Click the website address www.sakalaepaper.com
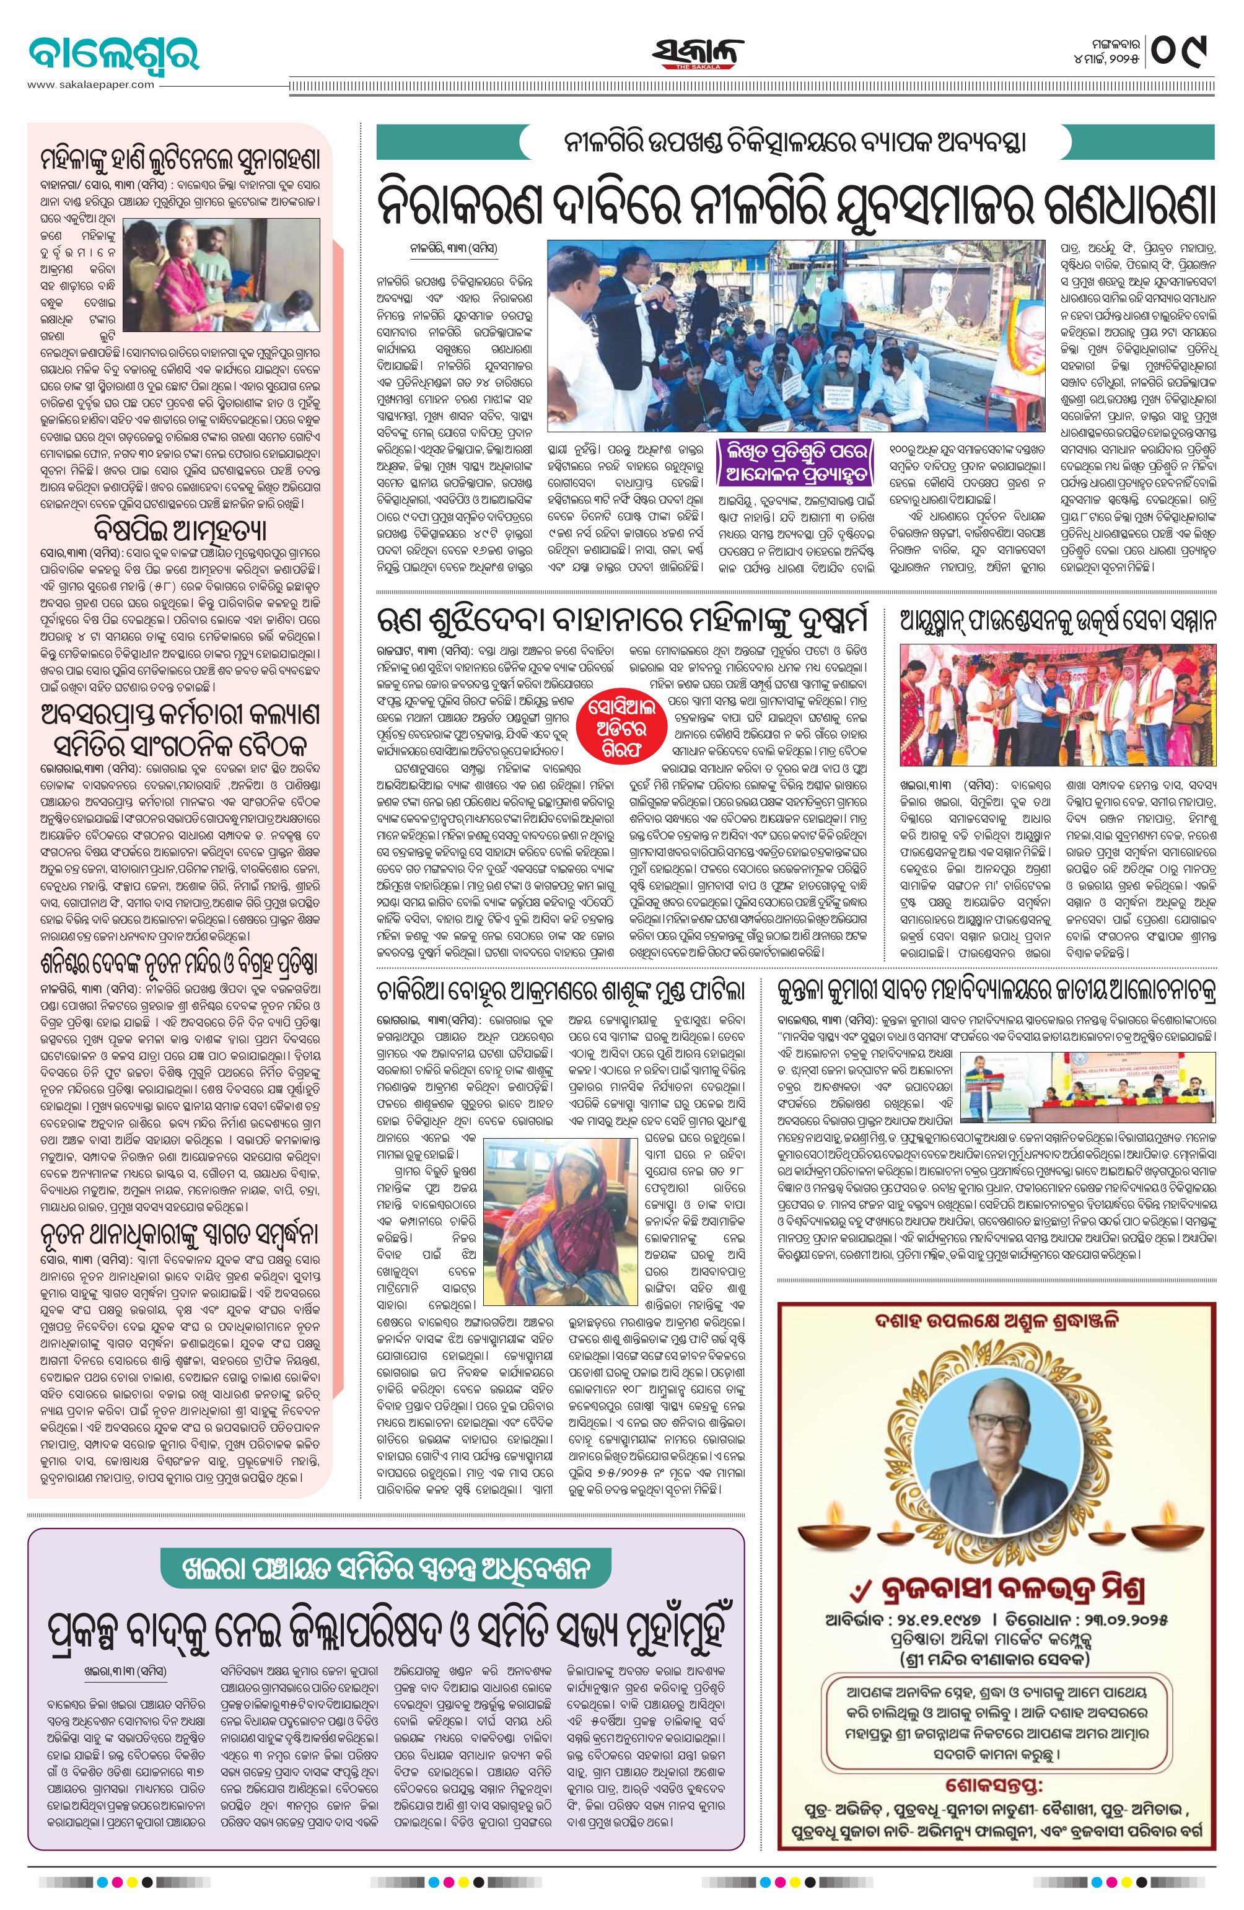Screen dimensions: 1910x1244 (90, 84)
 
